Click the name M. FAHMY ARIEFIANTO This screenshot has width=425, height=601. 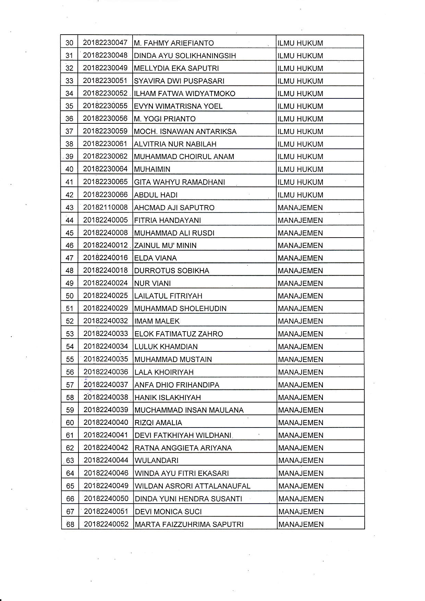[x=174, y=43]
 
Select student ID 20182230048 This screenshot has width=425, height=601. [x=105, y=55]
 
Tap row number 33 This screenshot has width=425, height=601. [x=69, y=81]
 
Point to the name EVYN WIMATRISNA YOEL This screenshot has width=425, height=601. [x=178, y=106]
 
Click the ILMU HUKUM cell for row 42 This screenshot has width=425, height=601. [x=300, y=195]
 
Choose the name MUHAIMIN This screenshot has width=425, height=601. [x=152, y=169]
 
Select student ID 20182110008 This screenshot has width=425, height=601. [x=106, y=207]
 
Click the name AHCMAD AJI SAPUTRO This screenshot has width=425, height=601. [x=174, y=208]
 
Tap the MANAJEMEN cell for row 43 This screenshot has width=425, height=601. [x=301, y=208]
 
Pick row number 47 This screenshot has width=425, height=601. [x=70, y=258]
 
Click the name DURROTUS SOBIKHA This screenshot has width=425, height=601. [x=172, y=271]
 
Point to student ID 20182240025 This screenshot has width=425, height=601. [x=106, y=296]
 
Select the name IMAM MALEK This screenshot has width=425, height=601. [x=157, y=321]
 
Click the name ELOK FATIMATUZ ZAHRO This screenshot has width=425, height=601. [x=179, y=334]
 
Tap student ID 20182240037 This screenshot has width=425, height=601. [x=106, y=385]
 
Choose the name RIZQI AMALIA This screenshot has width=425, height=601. [x=158, y=423]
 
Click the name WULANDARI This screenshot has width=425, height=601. [x=157, y=460]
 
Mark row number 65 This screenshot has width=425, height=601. [x=70, y=486]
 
